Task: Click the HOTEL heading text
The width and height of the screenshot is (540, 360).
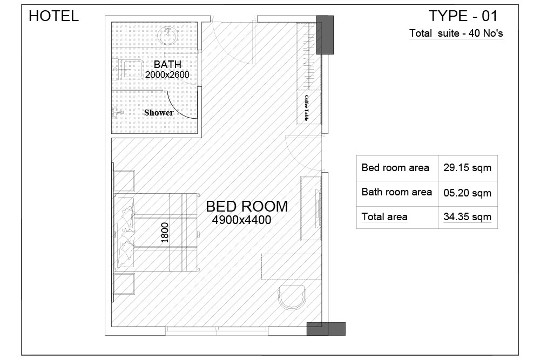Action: (x=53, y=16)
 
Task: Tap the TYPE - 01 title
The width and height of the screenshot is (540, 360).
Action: (x=463, y=16)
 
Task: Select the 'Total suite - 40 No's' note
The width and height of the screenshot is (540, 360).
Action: (x=456, y=33)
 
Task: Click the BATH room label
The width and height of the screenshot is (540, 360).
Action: (x=167, y=64)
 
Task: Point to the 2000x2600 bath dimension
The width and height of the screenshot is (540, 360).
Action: (x=167, y=74)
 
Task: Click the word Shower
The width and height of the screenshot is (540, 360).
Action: (x=159, y=113)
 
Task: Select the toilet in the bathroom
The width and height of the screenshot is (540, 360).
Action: (x=129, y=70)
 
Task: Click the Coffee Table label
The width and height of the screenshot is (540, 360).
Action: (x=307, y=108)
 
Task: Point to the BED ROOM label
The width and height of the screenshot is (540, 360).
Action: (x=247, y=207)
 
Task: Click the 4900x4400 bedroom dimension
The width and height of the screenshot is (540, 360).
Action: (x=242, y=220)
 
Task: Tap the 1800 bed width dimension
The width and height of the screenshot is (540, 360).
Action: (x=165, y=233)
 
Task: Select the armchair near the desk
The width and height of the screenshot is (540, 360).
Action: (x=292, y=297)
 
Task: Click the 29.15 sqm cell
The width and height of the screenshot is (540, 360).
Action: (x=467, y=168)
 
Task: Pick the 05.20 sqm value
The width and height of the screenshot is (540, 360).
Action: (x=467, y=193)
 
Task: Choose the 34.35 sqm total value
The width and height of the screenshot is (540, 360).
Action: (x=467, y=217)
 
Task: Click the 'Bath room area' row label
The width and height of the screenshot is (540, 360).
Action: (x=397, y=192)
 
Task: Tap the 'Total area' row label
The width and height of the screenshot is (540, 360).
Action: (x=384, y=217)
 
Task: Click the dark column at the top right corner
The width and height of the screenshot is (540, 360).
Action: (x=325, y=35)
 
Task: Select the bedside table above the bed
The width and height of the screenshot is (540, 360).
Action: (x=124, y=181)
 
